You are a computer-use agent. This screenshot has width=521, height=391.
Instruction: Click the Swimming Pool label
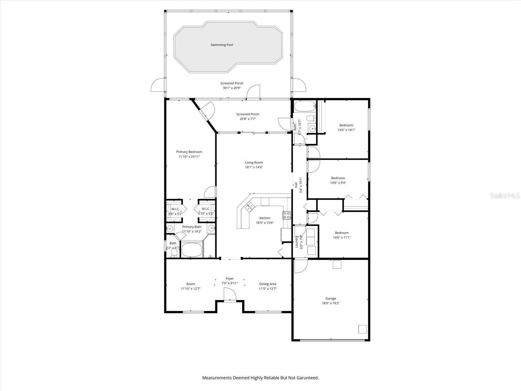point(222,45)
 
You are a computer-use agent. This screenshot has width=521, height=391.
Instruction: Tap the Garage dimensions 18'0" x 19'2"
point(331,303)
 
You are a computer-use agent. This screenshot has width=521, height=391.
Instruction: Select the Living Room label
point(254,163)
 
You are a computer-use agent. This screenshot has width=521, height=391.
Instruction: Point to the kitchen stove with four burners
point(287,215)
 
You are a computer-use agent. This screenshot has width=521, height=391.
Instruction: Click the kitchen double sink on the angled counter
point(250,206)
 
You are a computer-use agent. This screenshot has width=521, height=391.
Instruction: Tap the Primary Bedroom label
point(189,152)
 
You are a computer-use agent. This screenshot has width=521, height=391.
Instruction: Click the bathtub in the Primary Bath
point(192,250)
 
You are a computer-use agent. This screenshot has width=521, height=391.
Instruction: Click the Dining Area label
point(268,284)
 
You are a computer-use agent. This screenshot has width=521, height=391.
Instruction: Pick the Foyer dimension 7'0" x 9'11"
point(230,283)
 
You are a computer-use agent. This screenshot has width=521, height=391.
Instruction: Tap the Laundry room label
point(297,242)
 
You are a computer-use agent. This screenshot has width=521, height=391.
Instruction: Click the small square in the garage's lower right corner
point(362,329)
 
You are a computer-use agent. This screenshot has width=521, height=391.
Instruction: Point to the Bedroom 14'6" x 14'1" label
point(346,125)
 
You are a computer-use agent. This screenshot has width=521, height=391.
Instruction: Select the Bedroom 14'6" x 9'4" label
point(338,178)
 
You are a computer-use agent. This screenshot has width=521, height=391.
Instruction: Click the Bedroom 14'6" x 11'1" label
point(342,233)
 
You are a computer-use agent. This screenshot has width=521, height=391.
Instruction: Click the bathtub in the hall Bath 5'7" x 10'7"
point(305,106)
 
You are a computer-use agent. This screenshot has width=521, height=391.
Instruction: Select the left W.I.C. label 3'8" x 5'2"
point(175,209)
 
